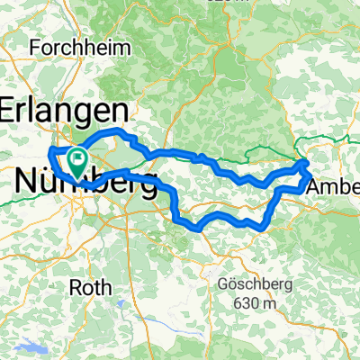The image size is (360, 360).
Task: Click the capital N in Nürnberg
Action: (x=27, y=182)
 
